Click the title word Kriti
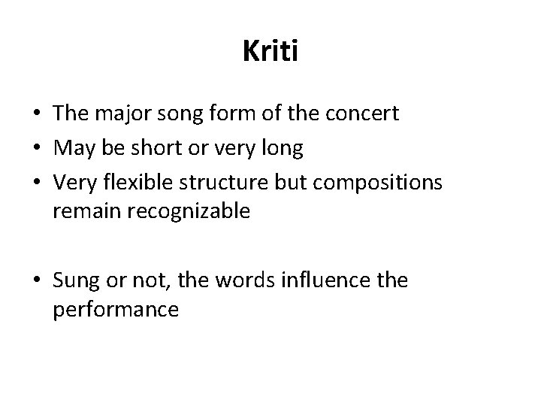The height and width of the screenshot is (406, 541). click(270, 51)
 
